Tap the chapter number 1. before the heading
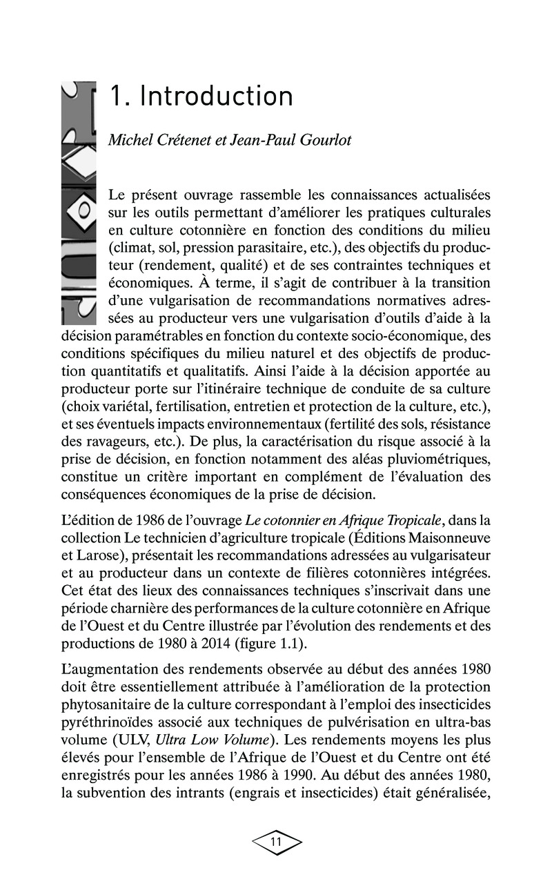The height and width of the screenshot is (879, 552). (x=119, y=97)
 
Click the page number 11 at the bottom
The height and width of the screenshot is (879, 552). (x=276, y=842)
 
